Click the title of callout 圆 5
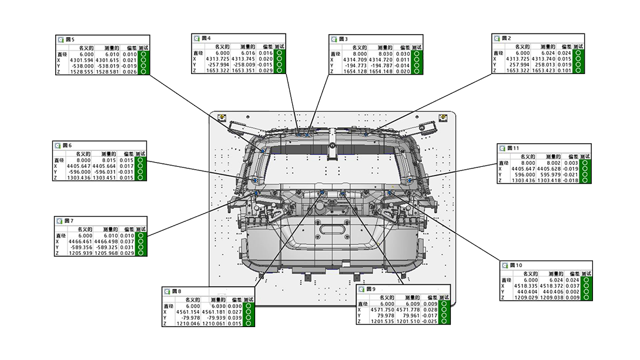69,40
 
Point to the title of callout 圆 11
514,149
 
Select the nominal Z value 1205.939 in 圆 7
81,254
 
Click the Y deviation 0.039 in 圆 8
233,318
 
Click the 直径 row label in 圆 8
169,306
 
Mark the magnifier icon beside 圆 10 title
504,265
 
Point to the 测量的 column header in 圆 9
410,298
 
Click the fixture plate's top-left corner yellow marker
222,118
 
